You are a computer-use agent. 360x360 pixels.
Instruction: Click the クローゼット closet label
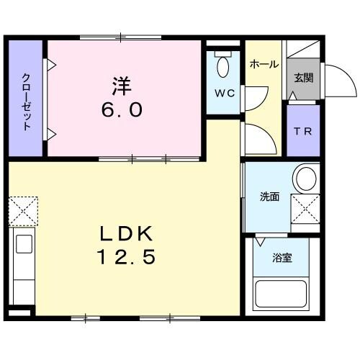(x=27, y=102)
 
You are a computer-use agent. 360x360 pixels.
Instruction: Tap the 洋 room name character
(x=120, y=85)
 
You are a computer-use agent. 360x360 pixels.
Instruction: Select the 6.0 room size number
(x=120, y=109)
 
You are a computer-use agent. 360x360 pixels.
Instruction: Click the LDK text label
(x=128, y=234)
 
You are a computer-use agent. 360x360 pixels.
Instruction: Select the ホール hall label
(x=263, y=65)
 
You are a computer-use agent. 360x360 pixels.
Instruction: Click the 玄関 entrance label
(x=301, y=78)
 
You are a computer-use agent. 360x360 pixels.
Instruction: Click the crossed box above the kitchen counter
(x=22, y=210)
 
